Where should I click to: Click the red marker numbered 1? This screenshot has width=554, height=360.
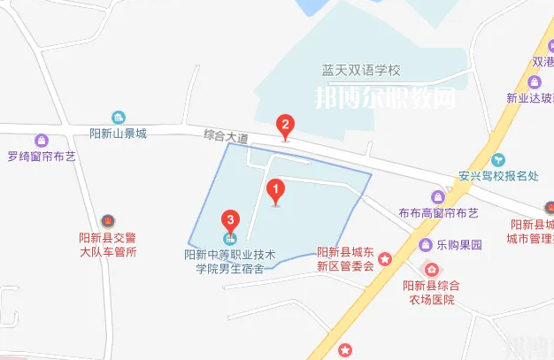[275, 189]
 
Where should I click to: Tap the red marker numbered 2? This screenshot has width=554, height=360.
[284, 125]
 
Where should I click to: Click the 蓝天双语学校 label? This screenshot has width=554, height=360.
[362, 70]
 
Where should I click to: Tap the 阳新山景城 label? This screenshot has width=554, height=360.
[118, 134]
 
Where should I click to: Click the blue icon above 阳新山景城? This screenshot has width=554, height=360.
[118, 117]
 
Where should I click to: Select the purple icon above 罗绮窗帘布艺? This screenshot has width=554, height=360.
[41, 141]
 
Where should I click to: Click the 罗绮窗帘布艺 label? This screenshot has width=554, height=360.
[41, 157]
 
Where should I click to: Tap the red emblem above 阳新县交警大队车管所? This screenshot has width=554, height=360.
[107, 219]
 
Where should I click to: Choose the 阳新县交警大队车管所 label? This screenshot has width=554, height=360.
[107, 244]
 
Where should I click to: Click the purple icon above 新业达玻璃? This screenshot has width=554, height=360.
[535, 81]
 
